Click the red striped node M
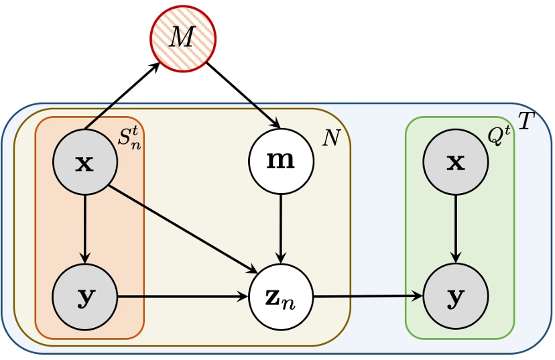[182, 38]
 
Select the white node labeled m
[281, 162]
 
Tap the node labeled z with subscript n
[281, 296]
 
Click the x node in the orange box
[85, 162]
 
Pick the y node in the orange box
[85, 296]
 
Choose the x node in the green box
[456, 162]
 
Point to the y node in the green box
[456, 296]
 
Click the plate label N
[331, 138]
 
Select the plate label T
[527, 121]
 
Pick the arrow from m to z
[281, 228]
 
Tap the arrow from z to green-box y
[369, 296]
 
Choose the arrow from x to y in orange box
[85, 228]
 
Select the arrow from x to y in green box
[456, 228]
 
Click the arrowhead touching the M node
[155, 66]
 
